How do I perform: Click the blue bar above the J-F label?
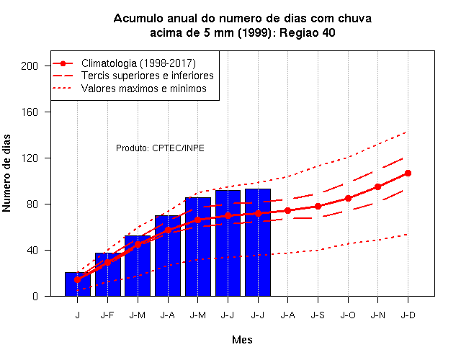click(x=108, y=274)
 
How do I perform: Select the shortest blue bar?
click(x=78, y=284)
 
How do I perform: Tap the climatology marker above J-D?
click(x=408, y=173)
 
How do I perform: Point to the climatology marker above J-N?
click(x=377, y=186)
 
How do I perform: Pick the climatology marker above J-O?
click(x=348, y=199)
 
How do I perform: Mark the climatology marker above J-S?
click(x=318, y=207)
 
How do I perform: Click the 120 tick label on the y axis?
click(x=30, y=158)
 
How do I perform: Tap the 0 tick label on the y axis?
click(x=35, y=296)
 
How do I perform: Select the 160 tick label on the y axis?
click(x=30, y=112)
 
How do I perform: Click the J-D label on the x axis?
click(x=408, y=315)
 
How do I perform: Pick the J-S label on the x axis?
click(x=318, y=315)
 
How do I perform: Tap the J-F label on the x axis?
click(x=107, y=315)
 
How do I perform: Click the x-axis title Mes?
click(x=242, y=340)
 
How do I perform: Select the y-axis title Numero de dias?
click(x=6, y=174)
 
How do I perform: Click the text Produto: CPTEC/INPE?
click(x=160, y=148)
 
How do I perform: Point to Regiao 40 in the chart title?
click(x=308, y=32)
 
